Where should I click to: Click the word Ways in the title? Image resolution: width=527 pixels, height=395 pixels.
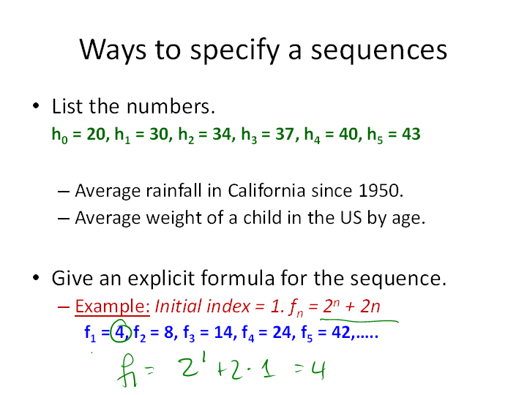pyautogui.click(x=113, y=50)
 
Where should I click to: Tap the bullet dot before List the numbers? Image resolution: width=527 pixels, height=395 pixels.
pyautogui.click(x=36, y=106)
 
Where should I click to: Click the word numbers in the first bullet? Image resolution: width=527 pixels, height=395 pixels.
pyautogui.click(x=171, y=107)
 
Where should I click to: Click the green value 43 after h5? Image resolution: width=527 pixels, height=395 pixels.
pyautogui.click(x=411, y=134)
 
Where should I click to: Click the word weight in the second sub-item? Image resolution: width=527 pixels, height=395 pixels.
pyautogui.click(x=174, y=218)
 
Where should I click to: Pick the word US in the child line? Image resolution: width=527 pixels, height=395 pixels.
pyautogui.click(x=351, y=218)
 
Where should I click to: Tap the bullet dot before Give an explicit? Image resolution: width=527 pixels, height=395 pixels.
pyautogui.click(x=36, y=278)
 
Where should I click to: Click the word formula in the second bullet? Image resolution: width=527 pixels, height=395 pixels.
pyautogui.click(x=238, y=278)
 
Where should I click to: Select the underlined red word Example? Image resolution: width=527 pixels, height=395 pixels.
pyautogui.click(x=112, y=306)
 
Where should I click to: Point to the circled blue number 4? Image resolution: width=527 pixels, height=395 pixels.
pyautogui.click(x=120, y=333)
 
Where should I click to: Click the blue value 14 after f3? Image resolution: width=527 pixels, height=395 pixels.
pyautogui.click(x=223, y=333)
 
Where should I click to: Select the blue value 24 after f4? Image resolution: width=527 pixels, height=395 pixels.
pyautogui.click(x=283, y=333)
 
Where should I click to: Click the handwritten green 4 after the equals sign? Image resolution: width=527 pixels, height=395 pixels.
pyautogui.click(x=318, y=369)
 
